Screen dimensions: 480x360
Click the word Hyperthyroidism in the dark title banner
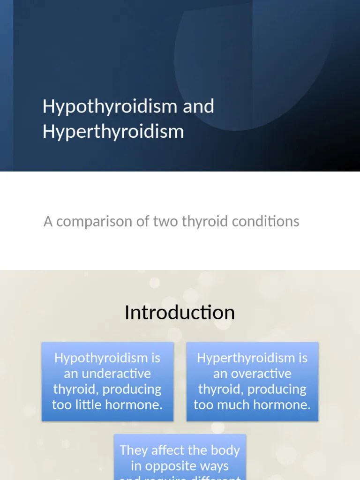pyautogui.click(x=113, y=131)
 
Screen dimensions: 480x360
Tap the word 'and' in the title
pyautogui.click(x=198, y=106)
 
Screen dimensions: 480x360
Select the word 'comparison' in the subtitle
pyautogui.click(x=95, y=221)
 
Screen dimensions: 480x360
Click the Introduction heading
pyautogui.click(x=180, y=313)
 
